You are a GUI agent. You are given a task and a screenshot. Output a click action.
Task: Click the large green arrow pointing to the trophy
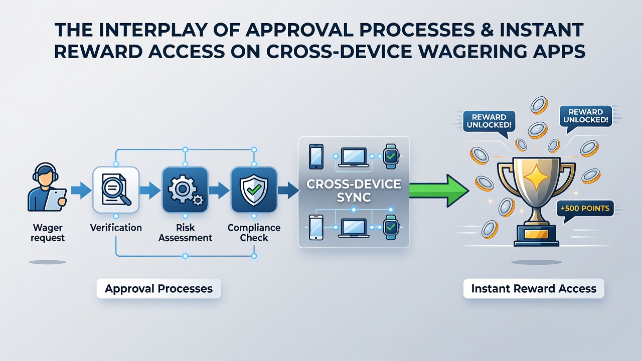438,191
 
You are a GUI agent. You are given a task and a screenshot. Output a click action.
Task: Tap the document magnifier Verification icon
116,190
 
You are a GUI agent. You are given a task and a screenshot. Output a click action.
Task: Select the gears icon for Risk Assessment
185,190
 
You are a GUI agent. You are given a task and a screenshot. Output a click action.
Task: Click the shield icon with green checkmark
254,190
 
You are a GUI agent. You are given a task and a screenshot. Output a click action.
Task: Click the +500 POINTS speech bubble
585,209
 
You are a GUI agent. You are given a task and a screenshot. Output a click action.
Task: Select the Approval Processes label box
159,288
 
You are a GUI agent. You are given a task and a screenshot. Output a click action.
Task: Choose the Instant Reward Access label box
534,288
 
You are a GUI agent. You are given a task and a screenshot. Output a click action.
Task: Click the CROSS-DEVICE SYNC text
354,191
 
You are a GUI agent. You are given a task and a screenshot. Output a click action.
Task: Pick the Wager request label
48,233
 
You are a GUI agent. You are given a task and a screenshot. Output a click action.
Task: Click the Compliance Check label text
254,233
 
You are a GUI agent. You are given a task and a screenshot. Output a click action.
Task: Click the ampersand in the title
487,30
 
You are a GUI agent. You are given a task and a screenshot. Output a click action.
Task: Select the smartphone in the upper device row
316,156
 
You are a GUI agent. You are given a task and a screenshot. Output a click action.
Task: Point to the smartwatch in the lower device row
391,228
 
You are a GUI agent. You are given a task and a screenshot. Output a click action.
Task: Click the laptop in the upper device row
354,157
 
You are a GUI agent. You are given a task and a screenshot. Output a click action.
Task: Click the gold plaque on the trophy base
536,234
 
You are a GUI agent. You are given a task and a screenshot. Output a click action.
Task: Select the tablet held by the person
56,200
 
